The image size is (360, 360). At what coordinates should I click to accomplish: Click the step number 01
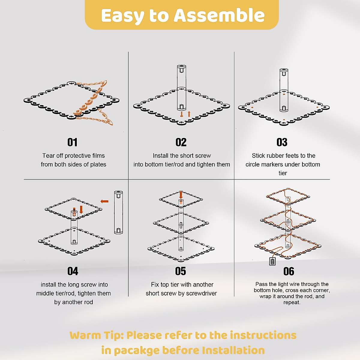pyautogui.click(x=72, y=142)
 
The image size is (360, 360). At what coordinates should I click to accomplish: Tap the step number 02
pyautogui.click(x=181, y=142)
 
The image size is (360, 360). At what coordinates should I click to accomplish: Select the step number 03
pyautogui.click(x=282, y=142)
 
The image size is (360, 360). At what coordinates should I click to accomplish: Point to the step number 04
pyautogui.click(x=73, y=271)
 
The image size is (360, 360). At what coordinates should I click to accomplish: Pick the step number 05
pyautogui.click(x=181, y=271)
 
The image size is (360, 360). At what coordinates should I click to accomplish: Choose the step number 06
pyautogui.click(x=289, y=271)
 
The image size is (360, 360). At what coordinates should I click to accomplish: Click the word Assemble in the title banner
pyautogui.click(x=219, y=15)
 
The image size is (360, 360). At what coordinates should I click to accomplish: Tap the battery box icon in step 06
pyautogui.click(x=272, y=261)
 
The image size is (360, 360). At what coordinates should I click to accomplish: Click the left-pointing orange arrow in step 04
pyautogui.click(x=104, y=201)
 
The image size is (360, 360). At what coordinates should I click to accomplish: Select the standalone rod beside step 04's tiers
pyautogui.click(x=118, y=212)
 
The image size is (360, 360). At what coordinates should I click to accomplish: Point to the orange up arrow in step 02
pyautogui.click(x=189, y=114)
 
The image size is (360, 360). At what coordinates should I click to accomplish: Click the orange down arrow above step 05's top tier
pyautogui.click(x=181, y=195)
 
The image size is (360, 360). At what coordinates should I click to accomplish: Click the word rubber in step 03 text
pyautogui.click(x=276, y=155)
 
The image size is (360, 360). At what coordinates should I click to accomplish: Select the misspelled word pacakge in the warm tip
pyautogui.click(x=136, y=350)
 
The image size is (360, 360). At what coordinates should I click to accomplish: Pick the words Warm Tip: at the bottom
pyautogui.click(x=97, y=335)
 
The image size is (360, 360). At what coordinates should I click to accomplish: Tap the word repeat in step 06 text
pyautogui.click(x=292, y=302)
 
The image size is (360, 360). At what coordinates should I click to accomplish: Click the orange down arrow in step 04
pyautogui.click(x=81, y=210)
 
